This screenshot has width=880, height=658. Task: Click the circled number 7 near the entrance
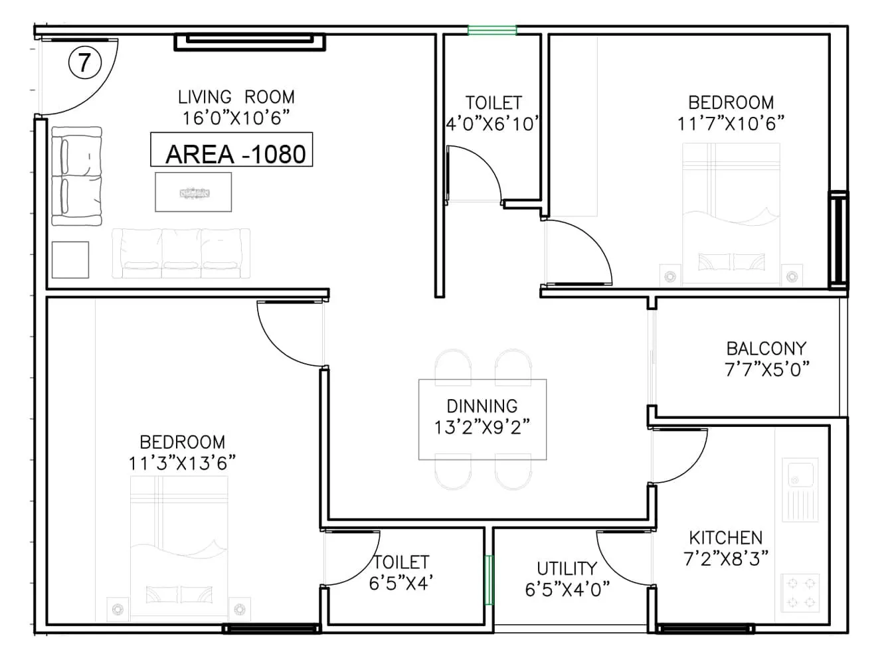84,64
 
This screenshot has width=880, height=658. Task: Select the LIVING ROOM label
236,97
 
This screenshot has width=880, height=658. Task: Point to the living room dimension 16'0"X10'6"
237,118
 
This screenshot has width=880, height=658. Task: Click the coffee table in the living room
193,192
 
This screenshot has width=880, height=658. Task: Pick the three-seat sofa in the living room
181,252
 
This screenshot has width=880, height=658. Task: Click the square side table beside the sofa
70,259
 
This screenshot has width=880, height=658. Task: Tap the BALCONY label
766,349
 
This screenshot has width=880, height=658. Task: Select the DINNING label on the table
482,406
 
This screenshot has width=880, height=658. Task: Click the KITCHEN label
725,538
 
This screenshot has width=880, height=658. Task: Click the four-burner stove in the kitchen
800,592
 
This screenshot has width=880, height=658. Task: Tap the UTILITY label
567,568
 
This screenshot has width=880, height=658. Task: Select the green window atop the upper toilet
492,30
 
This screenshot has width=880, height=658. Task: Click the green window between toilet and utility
489,580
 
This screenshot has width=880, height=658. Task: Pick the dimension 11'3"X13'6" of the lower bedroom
182,463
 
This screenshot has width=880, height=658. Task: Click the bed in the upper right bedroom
731,212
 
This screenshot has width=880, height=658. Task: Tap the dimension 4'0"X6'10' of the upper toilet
493,123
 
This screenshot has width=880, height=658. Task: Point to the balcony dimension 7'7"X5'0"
766,369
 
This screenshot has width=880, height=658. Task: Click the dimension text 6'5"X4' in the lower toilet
401,582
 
